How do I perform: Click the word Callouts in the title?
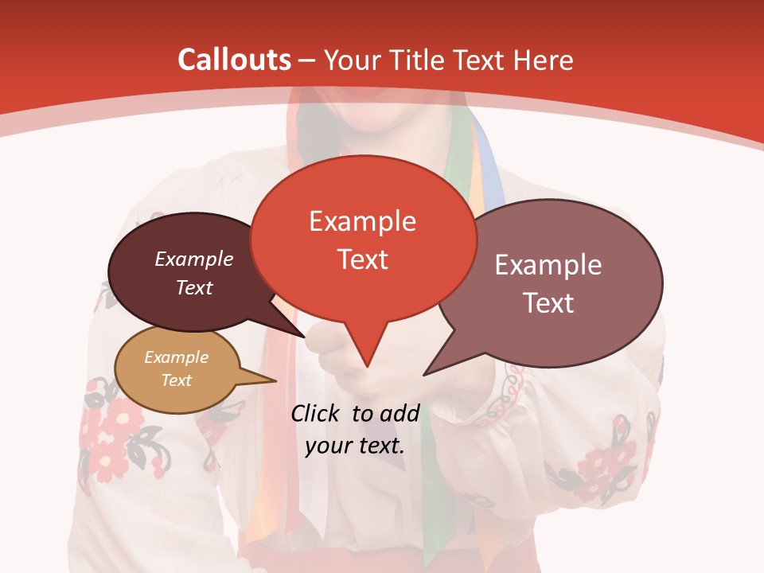pos(234,60)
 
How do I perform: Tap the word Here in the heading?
pos(541,60)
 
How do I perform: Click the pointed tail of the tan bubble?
pos(275,380)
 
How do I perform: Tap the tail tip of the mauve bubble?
pos(424,374)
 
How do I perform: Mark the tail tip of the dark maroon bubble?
pos(305,337)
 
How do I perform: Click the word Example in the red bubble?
pos(362,221)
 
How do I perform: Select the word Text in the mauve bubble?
pos(548,303)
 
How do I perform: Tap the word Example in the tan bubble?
pos(176,357)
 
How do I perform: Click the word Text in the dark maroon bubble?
pos(194,287)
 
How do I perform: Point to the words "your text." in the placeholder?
pos(355,446)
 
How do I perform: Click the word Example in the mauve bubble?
pos(548,265)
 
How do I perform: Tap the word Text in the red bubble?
pos(363,259)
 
